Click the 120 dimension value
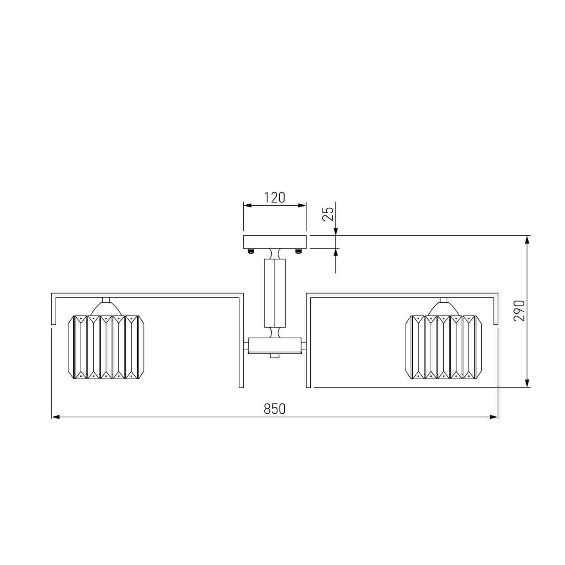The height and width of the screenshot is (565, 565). point(275,198)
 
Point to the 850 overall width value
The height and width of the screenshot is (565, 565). point(275,409)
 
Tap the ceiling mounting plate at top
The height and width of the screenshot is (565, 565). point(275,242)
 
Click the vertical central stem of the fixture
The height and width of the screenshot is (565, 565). point(275,293)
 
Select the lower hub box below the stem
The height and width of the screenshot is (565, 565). point(275,346)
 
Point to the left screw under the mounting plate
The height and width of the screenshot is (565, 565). point(251,251)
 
